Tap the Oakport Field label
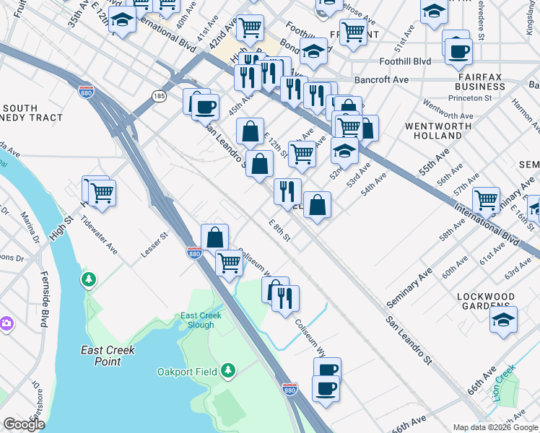(x=187, y=372)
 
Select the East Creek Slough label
(x=197, y=320)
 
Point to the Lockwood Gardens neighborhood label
(x=496, y=301)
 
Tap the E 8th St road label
(x=279, y=231)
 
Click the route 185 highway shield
(x=159, y=95)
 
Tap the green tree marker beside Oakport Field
(x=228, y=371)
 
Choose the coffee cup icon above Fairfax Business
(x=459, y=51)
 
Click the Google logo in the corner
(x=23, y=424)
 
